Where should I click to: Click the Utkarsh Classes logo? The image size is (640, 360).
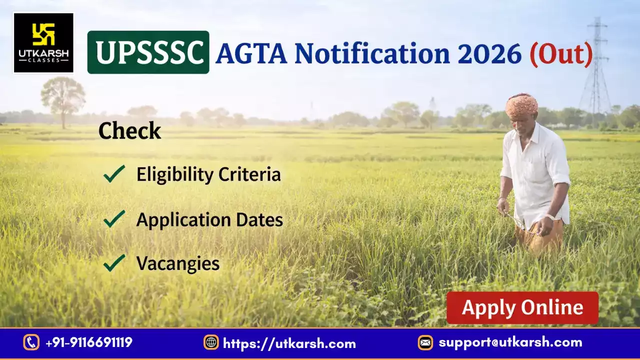[x=43, y=43]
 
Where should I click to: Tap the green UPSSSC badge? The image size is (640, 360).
[x=148, y=52]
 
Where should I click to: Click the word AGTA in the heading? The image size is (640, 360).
[x=251, y=53]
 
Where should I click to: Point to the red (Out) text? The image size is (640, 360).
[x=561, y=53]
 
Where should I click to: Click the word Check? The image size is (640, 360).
[x=129, y=131]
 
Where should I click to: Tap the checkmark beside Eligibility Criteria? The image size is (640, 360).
[x=114, y=174]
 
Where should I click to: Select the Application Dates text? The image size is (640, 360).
[x=209, y=219]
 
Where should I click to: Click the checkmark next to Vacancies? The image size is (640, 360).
[x=114, y=263]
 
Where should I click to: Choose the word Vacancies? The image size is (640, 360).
[x=178, y=263]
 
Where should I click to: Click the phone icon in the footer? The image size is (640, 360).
[x=31, y=342]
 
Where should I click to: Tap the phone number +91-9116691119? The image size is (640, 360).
[x=89, y=342]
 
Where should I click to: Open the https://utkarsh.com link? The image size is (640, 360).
[x=289, y=343]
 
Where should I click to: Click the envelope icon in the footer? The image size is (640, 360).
[x=425, y=342]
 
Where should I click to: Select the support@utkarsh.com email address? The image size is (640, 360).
[x=510, y=342]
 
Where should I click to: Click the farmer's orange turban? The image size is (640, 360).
[x=521, y=104]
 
